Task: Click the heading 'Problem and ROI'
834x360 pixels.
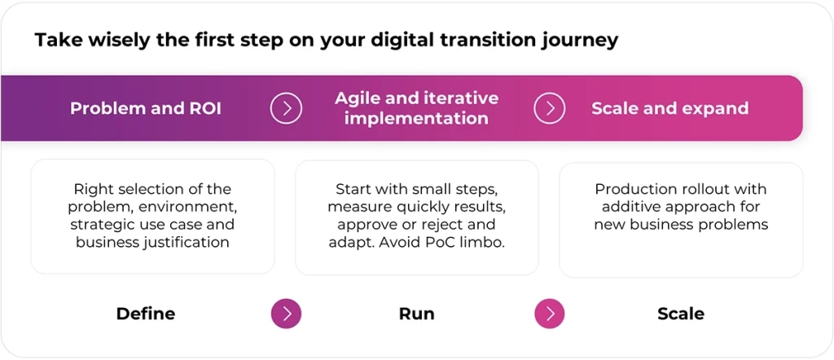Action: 147,108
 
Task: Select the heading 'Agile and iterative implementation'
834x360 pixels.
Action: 416,108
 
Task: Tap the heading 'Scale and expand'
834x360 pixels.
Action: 669,108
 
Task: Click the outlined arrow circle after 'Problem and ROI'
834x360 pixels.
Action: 286,108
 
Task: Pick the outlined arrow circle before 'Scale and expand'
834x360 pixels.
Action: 550,108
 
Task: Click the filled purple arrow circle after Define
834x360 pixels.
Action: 286,314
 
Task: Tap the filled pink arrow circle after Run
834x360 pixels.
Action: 550,314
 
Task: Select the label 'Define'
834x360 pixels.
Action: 146,314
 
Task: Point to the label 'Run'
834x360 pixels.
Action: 416,314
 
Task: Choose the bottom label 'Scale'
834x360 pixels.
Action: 681,314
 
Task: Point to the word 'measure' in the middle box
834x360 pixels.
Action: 355,207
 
